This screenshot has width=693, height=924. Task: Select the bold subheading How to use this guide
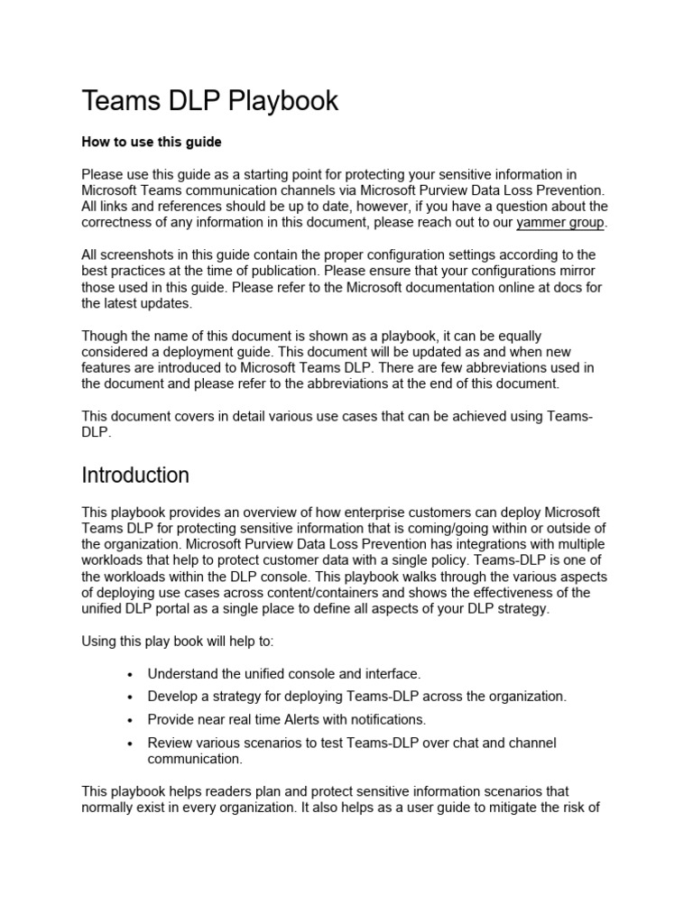151,142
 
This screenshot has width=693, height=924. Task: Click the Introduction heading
135,475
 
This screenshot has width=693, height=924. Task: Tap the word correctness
122,223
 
